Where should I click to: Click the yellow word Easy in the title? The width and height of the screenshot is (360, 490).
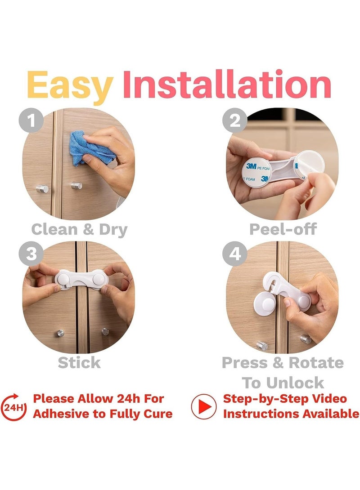click(x=69, y=85)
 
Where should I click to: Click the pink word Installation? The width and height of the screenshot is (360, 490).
click(x=227, y=84)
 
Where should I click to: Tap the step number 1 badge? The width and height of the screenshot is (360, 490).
click(x=31, y=120)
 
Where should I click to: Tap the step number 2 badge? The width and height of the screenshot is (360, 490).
click(x=235, y=120)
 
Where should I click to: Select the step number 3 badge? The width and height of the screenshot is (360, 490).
click(x=31, y=254)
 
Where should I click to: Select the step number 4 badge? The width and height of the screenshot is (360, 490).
click(x=235, y=254)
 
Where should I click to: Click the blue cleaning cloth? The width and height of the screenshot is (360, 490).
click(x=90, y=148)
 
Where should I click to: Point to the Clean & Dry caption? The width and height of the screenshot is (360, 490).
click(x=80, y=230)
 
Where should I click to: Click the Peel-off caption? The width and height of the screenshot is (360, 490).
click(x=283, y=229)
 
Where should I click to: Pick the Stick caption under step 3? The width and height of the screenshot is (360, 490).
click(x=79, y=362)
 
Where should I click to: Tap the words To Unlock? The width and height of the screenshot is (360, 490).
click(x=283, y=383)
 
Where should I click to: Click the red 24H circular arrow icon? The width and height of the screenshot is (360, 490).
click(x=14, y=407)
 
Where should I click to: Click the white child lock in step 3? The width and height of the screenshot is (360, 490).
click(x=81, y=279)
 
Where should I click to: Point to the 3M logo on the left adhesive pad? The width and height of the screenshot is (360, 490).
click(x=251, y=166)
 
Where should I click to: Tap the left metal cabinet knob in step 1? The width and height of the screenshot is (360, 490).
click(x=42, y=189)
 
